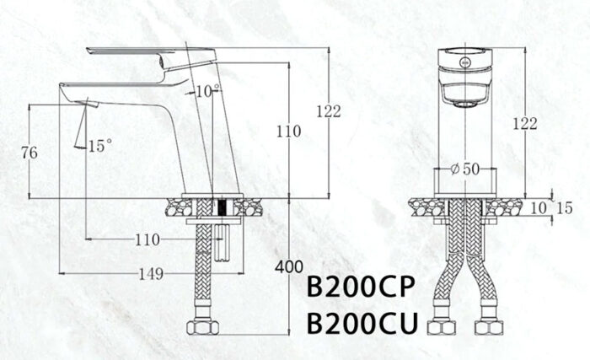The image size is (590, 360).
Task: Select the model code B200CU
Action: pyautogui.click(x=360, y=323)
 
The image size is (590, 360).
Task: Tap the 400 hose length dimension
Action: pyautogui.click(x=289, y=267)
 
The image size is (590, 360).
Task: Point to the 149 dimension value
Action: pyautogui.click(x=151, y=274)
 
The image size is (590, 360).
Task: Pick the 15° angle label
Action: pyautogui.click(x=99, y=146)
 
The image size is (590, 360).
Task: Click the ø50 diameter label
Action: pyautogui.click(x=465, y=168)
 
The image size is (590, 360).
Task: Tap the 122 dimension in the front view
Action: pyautogui.click(x=524, y=123)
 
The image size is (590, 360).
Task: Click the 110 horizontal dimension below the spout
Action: pyautogui.click(x=147, y=239)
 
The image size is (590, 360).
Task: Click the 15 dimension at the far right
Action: pyautogui.click(x=565, y=207)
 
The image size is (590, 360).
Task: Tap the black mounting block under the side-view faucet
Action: pyautogui.click(x=222, y=207)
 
